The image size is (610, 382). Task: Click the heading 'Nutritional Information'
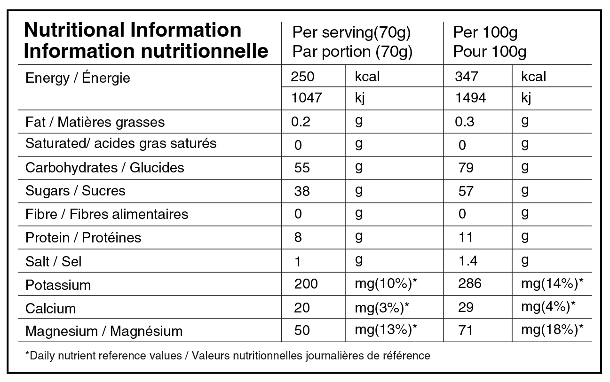(132, 31)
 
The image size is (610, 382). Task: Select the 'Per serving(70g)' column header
(351, 33)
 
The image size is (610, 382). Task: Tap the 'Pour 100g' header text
(490, 51)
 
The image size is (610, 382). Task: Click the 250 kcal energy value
(302, 77)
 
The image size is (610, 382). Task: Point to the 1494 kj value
(470, 98)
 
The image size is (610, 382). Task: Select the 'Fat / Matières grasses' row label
(95, 122)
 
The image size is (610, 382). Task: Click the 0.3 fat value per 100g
(465, 122)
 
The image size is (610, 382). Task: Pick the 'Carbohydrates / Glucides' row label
(104, 168)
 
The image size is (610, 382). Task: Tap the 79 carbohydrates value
(466, 168)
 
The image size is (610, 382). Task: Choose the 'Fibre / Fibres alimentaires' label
(107, 214)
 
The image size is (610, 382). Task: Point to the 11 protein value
(466, 237)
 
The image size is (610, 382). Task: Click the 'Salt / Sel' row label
(53, 261)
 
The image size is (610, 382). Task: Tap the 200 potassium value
(306, 284)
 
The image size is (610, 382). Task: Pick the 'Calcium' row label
(50, 308)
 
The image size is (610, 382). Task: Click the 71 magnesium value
(465, 330)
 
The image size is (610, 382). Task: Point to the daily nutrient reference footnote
(228, 356)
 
